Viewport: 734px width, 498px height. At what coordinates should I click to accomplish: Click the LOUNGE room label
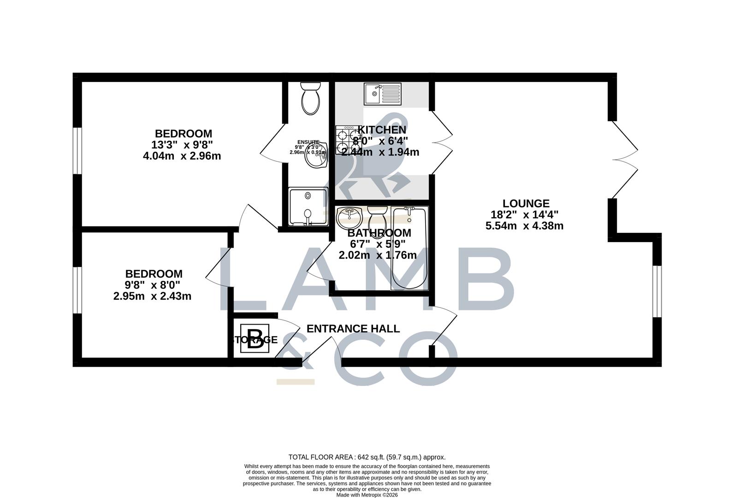point(526,203)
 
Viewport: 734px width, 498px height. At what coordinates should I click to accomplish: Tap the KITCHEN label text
point(382,130)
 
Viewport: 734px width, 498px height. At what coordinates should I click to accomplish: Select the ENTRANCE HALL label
point(353,329)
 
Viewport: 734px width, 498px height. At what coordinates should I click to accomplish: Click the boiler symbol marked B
point(255,339)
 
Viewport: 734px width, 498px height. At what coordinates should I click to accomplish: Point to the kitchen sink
point(383,94)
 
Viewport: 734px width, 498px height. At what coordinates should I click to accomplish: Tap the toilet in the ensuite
point(310,99)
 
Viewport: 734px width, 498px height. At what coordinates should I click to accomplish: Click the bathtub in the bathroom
point(409,249)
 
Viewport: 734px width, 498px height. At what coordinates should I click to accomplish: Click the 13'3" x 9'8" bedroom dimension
point(183,145)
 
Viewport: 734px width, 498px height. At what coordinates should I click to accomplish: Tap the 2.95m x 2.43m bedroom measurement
point(152,296)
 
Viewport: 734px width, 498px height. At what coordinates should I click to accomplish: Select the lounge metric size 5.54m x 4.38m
point(524,226)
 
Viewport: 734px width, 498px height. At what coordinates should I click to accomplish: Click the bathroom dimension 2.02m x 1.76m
point(378,255)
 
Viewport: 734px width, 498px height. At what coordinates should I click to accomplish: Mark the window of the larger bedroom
point(77,151)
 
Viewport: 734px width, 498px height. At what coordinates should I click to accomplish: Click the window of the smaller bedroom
point(77,290)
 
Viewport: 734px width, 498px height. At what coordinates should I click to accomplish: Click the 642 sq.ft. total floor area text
point(367,457)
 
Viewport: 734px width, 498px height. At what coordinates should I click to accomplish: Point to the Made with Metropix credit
point(367,495)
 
